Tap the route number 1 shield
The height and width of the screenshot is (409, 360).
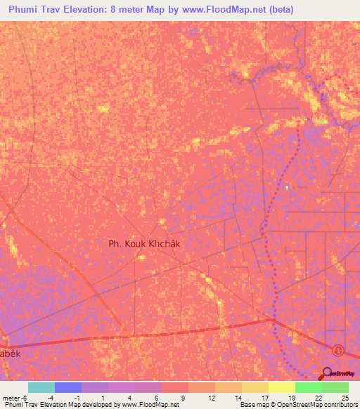(x=339, y=349)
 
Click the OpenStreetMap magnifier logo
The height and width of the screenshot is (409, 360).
(x=326, y=373)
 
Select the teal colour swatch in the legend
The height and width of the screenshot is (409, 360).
(x=41, y=387)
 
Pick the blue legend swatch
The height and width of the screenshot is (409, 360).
(x=68, y=387)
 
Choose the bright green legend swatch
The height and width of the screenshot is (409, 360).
(x=308, y=387)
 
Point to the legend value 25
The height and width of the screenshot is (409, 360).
(x=345, y=397)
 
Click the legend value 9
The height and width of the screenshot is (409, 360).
(x=184, y=397)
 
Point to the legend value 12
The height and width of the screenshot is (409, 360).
(x=210, y=397)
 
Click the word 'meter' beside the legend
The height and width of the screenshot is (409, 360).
(x=11, y=397)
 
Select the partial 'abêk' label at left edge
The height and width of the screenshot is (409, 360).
(x=11, y=355)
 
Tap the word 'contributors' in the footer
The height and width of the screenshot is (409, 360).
(x=340, y=405)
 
